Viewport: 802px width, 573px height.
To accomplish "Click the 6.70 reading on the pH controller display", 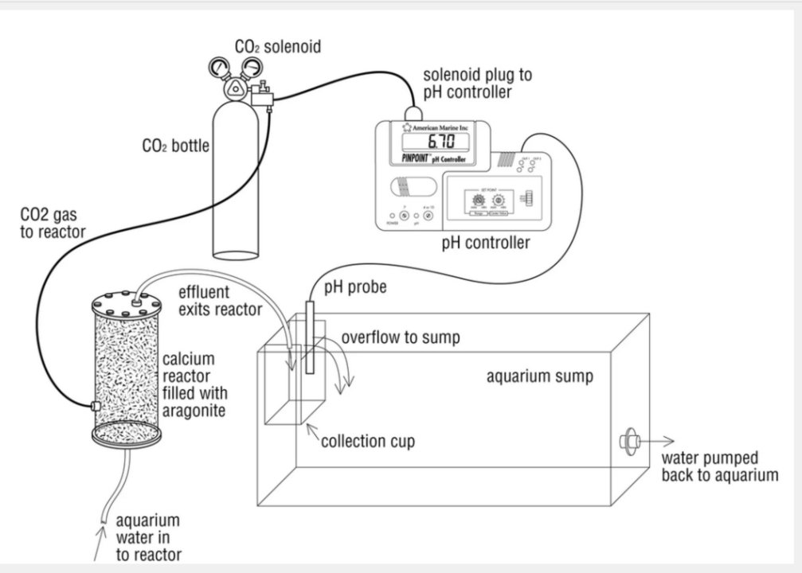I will (x=440, y=142).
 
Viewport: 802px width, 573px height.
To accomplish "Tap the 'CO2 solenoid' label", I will (x=278, y=47).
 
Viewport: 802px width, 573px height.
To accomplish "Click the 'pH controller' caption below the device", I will (x=485, y=243).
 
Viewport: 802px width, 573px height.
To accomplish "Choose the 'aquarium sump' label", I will (x=539, y=376).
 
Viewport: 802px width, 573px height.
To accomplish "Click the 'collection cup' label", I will (x=367, y=441).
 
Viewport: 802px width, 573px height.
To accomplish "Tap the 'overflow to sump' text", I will (x=401, y=337).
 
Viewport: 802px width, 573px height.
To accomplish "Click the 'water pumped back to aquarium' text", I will (x=719, y=466).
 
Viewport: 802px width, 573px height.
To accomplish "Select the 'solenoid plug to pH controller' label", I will (x=477, y=84).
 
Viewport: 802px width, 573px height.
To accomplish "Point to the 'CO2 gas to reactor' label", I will (x=53, y=222).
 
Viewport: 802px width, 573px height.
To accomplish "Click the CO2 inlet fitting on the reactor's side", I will (x=95, y=407).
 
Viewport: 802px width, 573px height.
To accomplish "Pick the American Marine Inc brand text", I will (x=441, y=127).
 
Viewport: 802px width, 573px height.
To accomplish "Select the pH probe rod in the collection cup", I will (x=310, y=342).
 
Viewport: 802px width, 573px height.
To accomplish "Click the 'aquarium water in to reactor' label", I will (x=148, y=537).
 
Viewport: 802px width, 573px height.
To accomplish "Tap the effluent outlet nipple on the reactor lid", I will (x=139, y=301).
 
